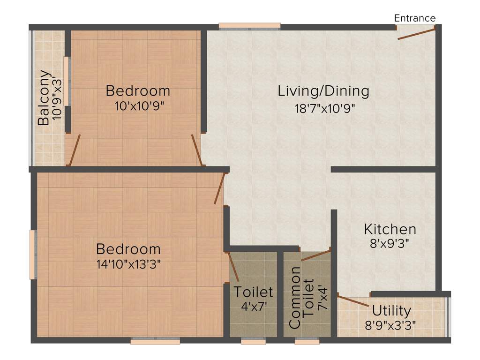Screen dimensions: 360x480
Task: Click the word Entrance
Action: (x=415, y=18)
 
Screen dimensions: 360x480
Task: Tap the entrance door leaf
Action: (x=416, y=33)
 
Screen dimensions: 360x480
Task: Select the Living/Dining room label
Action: (x=323, y=91)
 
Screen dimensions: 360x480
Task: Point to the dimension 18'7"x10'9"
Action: (x=324, y=109)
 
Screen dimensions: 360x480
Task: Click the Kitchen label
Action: (x=390, y=229)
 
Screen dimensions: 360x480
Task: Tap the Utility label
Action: (x=391, y=310)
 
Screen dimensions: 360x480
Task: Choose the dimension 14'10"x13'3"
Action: (x=128, y=264)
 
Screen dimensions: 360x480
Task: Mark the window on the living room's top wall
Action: (x=249, y=26)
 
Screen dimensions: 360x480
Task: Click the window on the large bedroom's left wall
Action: (x=33, y=254)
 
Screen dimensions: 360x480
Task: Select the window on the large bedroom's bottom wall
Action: (x=155, y=341)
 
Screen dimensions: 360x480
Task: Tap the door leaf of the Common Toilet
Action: (x=316, y=255)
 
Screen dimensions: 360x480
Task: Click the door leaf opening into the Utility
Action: (x=353, y=301)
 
